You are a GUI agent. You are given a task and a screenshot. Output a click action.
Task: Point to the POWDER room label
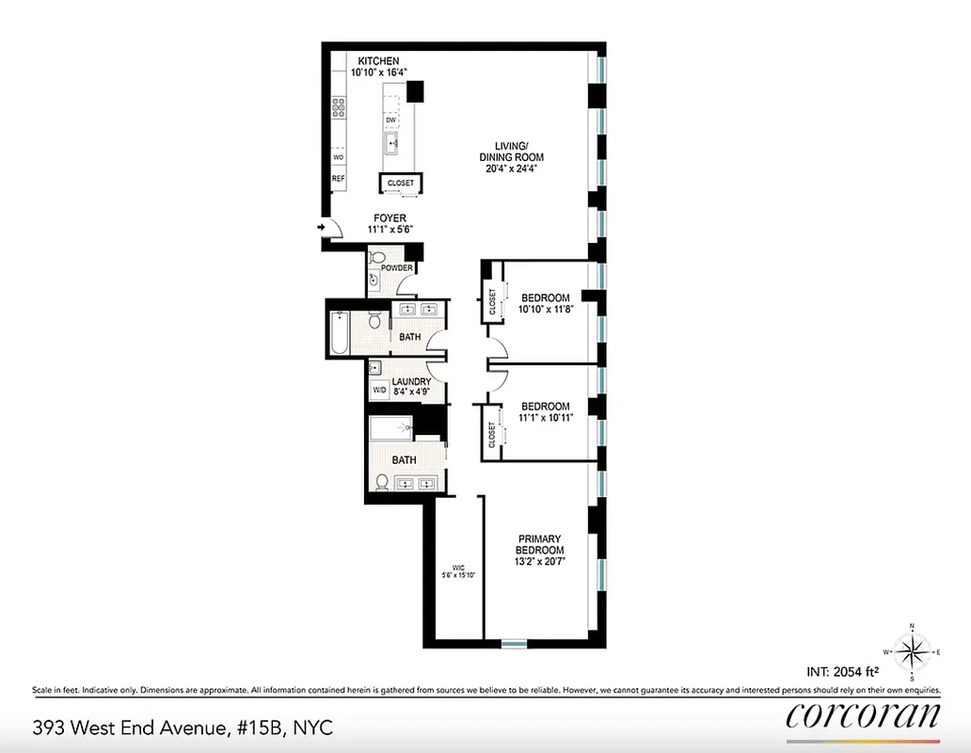coord(397,267)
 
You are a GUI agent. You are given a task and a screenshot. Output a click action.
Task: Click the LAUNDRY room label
coord(411,381)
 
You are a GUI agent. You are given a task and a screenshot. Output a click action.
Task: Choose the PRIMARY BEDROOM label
coord(540,544)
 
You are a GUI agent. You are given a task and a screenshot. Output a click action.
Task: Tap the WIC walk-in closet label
coord(459,568)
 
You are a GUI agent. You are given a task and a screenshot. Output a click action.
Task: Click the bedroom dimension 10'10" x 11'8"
coord(546,309)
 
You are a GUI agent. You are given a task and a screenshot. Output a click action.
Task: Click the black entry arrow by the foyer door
coord(322,227)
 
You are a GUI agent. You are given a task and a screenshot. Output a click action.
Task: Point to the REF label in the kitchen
coord(338,178)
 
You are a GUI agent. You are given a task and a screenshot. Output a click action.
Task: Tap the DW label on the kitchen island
coord(390,120)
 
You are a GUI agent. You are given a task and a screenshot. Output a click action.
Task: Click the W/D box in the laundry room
coord(379,389)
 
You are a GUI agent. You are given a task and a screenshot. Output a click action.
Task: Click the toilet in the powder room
coord(374,279)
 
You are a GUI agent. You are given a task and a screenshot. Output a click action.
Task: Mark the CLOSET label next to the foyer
coord(400,184)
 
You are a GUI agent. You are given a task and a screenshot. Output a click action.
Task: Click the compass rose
coord(912,651)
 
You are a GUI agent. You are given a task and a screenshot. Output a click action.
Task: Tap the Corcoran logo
coord(862,715)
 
